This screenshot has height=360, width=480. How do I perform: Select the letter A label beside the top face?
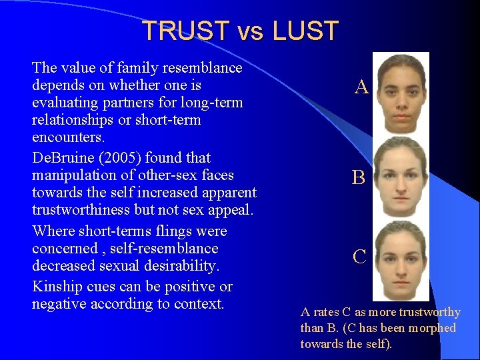coord(361,87)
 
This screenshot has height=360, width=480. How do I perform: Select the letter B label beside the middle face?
coord(359,177)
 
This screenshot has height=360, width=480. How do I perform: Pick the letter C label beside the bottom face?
coord(359,257)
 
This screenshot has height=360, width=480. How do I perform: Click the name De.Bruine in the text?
coord(63,158)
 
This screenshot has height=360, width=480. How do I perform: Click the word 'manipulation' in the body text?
coord(72,175)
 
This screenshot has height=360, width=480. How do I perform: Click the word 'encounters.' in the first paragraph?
coord(66,139)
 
